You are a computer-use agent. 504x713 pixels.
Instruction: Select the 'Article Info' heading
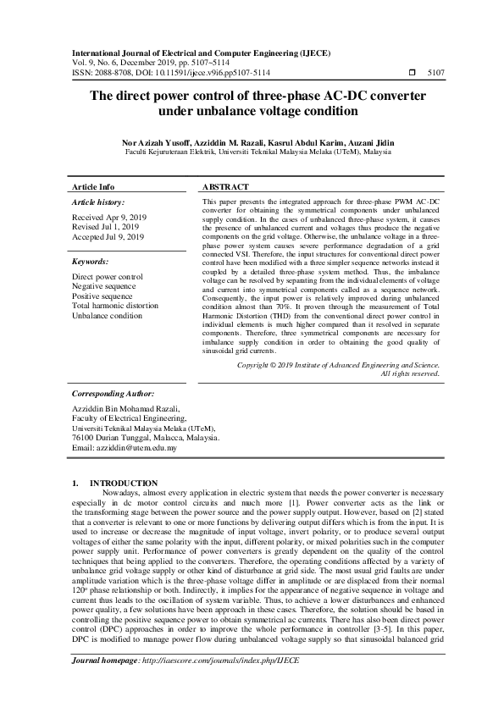pyautogui.click(x=93, y=185)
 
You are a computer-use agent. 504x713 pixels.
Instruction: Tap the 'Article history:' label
pyautogui.click(x=98, y=203)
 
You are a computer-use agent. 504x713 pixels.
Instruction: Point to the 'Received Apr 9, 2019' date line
pyautogui.click(x=108, y=218)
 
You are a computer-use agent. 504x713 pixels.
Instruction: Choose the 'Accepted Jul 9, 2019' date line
pyautogui.click(x=108, y=237)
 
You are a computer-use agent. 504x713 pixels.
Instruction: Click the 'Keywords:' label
pyautogui.click(x=90, y=263)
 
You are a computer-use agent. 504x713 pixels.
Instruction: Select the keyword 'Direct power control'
pyautogui.click(x=108, y=277)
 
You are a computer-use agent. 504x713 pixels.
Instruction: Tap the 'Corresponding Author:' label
pyautogui.click(x=112, y=394)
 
